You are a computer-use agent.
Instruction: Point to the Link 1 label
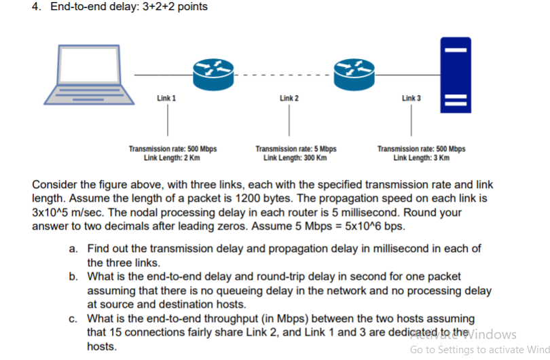167,98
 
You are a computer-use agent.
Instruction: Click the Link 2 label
289,98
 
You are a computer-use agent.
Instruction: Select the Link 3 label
411,98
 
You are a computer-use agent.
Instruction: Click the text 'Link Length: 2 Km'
172,158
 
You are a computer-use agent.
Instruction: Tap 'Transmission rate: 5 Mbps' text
296,149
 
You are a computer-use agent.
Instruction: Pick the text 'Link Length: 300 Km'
295,158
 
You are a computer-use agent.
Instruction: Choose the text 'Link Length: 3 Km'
421,158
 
